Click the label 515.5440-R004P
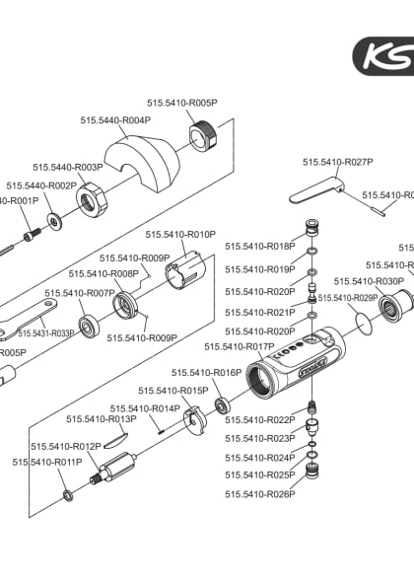[115, 120]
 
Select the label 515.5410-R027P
[337, 161]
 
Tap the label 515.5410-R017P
[239, 346]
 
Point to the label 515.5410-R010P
[180, 234]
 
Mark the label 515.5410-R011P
[47, 462]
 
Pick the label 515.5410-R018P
[259, 246]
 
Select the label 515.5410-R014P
[145, 407]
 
